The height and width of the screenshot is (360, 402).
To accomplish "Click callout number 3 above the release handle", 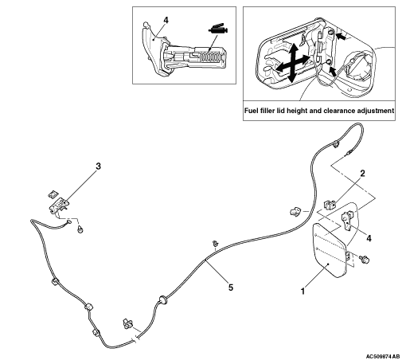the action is (98, 166).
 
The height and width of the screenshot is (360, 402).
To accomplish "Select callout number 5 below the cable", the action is (231, 288).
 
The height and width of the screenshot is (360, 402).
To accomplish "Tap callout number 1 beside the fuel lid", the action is (302, 292).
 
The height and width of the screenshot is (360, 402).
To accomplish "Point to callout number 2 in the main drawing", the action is (362, 174).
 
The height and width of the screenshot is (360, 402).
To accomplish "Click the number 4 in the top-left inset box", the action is (166, 20).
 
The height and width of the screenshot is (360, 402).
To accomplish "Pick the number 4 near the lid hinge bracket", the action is (369, 238).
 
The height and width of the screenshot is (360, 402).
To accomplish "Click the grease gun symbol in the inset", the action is (218, 29).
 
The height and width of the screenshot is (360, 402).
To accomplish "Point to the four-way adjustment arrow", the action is (292, 63).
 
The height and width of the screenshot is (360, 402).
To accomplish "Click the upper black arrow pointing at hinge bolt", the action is (341, 37).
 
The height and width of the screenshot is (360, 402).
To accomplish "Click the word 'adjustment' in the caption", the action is (376, 111).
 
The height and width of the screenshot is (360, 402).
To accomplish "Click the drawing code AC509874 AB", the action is (383, 356).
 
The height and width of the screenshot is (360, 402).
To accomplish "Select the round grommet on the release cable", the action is (162, 300).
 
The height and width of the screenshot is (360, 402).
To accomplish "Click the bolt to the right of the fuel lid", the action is (365, 259).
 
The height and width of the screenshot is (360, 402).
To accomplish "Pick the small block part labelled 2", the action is (329, 205).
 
